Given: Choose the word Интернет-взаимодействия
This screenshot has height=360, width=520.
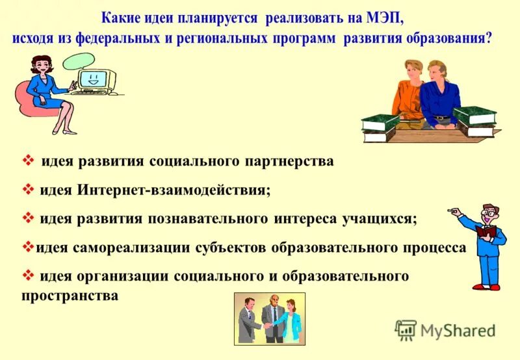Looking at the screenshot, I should point(175,190).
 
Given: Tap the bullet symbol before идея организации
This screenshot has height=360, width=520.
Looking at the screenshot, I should point(28,276).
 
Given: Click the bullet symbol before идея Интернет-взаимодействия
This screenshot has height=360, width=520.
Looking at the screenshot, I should point(28,190).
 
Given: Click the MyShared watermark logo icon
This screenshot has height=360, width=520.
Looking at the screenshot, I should point(406,329).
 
